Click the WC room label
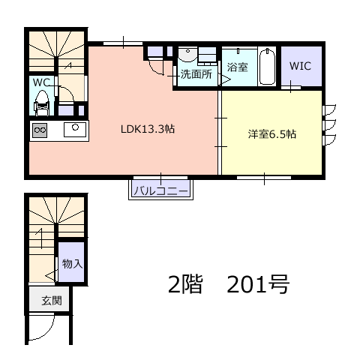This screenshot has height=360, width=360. [41, 82]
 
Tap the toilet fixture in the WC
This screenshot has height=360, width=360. [41, 103]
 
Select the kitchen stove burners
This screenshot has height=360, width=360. [40, 130]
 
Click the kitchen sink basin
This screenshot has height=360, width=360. [75, 130]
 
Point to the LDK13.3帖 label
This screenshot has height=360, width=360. [148, 129]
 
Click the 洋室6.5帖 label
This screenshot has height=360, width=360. [272, 134]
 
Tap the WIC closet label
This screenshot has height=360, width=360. [300, 66]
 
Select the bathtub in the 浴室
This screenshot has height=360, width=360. [267, 67]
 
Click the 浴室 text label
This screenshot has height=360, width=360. [238, 67]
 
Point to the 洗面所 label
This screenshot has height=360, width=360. [196, 74]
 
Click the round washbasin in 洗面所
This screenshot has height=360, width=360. [187, 55]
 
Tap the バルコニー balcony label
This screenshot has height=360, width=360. [161, 192]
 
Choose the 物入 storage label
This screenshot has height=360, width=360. [72, 264]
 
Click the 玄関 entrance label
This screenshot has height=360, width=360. [52, 301]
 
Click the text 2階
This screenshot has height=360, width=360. [184, 284]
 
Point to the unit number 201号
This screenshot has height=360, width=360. [258, 284]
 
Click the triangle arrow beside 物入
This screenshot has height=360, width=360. [50, 275]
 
